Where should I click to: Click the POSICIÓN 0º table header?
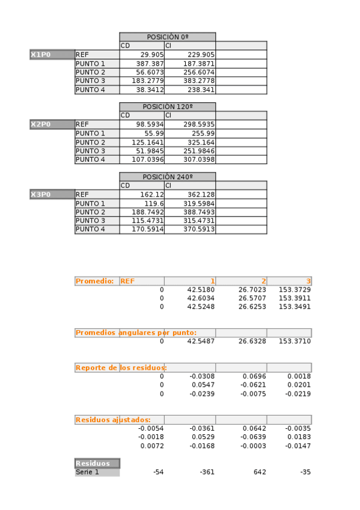pos(167,37)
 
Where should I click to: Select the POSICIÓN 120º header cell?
pos(167,107)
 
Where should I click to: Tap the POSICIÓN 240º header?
pos(167,177)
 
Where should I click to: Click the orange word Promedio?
pos(95,281)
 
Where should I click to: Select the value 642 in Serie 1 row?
pos(260,472)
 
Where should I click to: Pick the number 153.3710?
pos(294,342)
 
